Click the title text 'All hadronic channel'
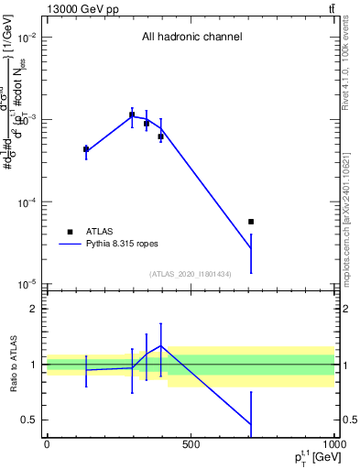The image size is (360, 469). (x=191, y=38)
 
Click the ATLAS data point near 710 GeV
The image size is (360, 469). (x=251, y=222)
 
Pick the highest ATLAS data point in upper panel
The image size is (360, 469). (x=132, y=115)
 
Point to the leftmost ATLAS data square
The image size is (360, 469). (x=86, y=148)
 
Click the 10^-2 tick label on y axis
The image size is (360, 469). (x=27, y=38)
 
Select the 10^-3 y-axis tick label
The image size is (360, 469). (x=27, y=120)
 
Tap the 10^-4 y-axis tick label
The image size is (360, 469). (x=27, y=202)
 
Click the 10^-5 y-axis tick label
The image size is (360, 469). (x=27, y=284)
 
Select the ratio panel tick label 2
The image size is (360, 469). (x=33, y=310)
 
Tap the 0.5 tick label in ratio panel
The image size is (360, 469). (x=29, y=420)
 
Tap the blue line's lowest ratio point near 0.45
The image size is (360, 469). (x=251, y=424)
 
